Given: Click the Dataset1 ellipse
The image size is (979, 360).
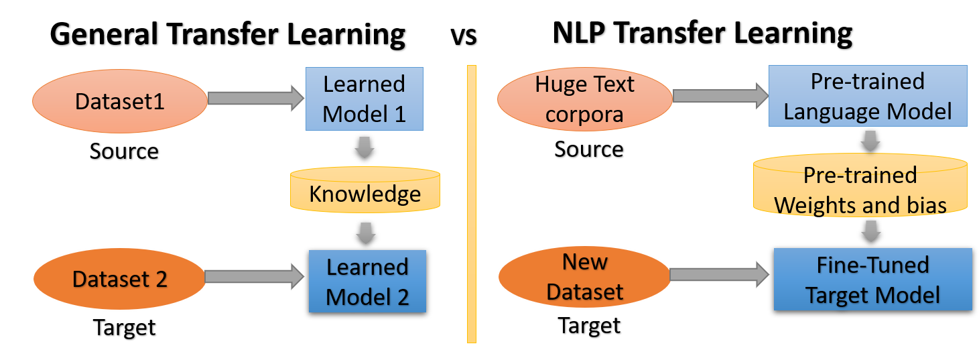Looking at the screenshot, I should pos(120,101).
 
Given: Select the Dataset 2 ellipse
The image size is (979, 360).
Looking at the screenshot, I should pos(120,279).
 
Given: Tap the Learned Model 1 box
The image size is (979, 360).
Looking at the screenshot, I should pos(365,99).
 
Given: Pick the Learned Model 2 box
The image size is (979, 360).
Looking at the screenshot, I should pos(367,281).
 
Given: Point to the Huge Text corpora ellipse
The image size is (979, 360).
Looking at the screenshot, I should pos(584,100).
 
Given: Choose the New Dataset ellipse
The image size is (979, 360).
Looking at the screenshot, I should pos(584,277).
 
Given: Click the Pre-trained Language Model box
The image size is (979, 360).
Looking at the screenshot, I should pos(868,96).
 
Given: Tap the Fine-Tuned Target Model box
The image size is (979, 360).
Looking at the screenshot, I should pos(872,279).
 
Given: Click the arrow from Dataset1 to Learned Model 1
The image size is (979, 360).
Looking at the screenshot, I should pos(255,99).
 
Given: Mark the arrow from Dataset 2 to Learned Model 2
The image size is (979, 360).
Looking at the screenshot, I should pos(254,276).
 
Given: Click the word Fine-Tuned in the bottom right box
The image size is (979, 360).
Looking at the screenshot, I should pos(872,265).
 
